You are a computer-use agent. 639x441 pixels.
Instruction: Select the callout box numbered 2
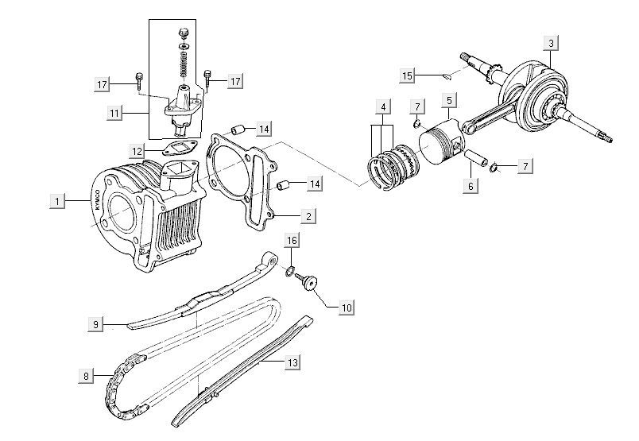(x=309, y=215)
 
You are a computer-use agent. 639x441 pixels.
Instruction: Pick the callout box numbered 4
(x=384, y=106)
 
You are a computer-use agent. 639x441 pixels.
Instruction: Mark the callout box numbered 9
(x=95, y=323)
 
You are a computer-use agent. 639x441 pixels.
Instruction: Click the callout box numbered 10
(x=347, y=306)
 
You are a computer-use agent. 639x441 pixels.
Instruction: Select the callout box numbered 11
(x=115, y=114)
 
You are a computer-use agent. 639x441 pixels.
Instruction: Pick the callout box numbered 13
(x=292, y=363)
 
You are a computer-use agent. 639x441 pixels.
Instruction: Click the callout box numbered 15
(x=408, y=75)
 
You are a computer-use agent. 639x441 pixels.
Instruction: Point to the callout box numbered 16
(x=292, y=239)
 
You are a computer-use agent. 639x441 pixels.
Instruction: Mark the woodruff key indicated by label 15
(x=447, y=76)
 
